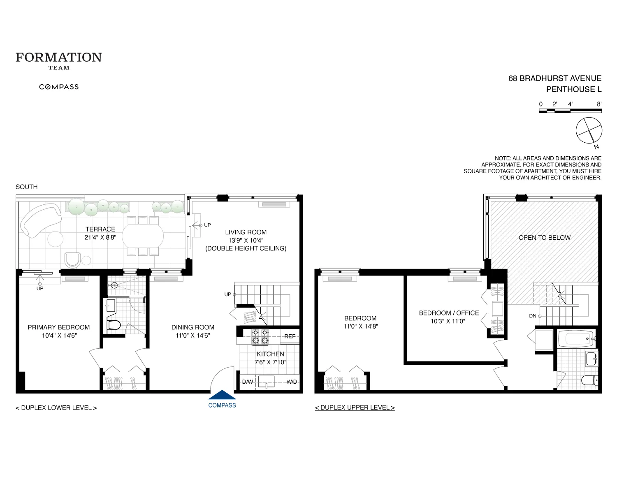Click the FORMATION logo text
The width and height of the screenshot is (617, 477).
(59, 57)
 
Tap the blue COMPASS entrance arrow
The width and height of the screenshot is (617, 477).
(222, 395)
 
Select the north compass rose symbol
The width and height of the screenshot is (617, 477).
(589, 131)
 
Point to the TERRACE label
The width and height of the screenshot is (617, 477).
(100, 229)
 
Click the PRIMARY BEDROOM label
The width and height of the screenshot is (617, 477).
(59, 327)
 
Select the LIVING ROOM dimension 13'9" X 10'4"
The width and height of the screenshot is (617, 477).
(246, 240)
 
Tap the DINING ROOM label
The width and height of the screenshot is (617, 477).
(193, 327)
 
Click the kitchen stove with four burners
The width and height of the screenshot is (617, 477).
(260, 336)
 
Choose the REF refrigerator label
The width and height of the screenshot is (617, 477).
(290, 336)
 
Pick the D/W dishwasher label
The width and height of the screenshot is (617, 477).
(248, 382)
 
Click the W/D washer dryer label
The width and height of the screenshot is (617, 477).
(292, 382)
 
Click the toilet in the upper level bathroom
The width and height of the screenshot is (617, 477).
(589, 380)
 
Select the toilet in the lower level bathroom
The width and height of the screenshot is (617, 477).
(114, 325)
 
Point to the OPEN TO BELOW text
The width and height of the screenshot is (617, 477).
(544, 238)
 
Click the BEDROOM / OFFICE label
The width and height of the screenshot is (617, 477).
(449, 313)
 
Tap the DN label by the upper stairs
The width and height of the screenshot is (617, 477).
(533, 316)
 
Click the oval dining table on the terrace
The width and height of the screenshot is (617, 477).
(143, 236)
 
